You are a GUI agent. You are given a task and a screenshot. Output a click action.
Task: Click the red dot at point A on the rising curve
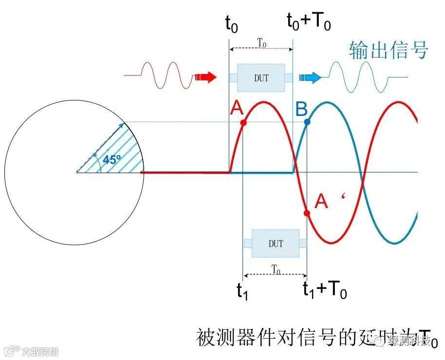point(243,123)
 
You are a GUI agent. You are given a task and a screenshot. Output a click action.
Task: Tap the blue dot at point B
point(307,122)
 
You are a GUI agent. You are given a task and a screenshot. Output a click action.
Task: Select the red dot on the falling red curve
point(307,213)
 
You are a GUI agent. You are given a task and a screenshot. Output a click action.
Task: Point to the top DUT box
point(261,77)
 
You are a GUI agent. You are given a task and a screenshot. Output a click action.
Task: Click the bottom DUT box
point(275,243)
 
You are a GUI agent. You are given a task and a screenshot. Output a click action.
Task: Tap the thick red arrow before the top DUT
point(205,77)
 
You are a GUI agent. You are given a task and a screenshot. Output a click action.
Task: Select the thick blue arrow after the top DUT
point(310,77)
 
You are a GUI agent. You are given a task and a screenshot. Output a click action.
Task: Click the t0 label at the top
point(231,23)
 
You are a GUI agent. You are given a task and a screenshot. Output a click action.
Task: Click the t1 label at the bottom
point(242,290)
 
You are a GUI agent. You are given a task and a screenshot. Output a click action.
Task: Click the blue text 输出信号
point(388,50)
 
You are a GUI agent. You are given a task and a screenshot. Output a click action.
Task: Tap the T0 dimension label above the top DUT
point(261,43)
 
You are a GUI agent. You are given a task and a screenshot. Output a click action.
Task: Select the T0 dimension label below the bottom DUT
point(276,269)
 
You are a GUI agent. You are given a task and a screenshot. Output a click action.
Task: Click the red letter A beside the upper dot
point(236,109)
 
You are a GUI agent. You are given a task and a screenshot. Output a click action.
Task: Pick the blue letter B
point(301,109)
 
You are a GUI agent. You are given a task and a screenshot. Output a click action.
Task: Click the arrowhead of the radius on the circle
point(122,125)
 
